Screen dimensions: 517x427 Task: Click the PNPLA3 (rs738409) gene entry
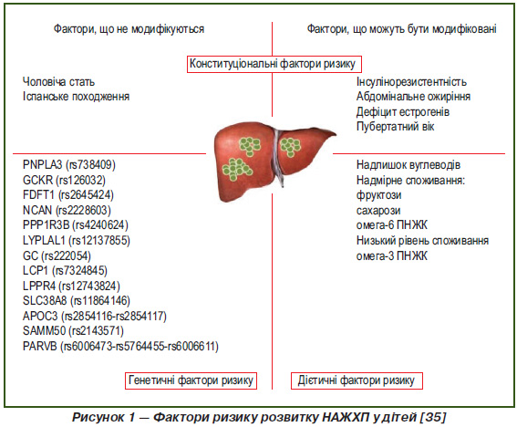click(69, 164)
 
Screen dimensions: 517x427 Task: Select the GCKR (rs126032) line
click(65, 180)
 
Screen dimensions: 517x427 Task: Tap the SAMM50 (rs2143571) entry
click(73, 330)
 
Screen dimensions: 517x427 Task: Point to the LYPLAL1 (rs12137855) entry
click(77, 240)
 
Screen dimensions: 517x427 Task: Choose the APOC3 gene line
click(95, 316)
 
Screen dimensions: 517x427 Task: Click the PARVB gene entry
click(120, 346)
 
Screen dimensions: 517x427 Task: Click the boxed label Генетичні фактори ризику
click(191, 380)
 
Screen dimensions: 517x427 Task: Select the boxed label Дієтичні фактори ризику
click(357, 380)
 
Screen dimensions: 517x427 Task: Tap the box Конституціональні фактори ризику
click(274, 64)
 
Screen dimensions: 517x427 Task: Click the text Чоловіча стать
click(58, 81)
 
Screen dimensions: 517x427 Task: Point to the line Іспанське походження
click(77, 97)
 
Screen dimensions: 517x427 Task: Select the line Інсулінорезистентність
click(411, 81)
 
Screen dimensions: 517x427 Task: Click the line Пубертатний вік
click(396, 127)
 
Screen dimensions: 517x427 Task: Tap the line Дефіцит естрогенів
click(403, 112)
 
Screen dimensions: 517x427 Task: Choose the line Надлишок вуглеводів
click(408, 164)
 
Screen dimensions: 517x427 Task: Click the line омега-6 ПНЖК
click(392, 225)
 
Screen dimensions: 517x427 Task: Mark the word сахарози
click(378, 210)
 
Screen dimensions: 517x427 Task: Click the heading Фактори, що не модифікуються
click(129, 29)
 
